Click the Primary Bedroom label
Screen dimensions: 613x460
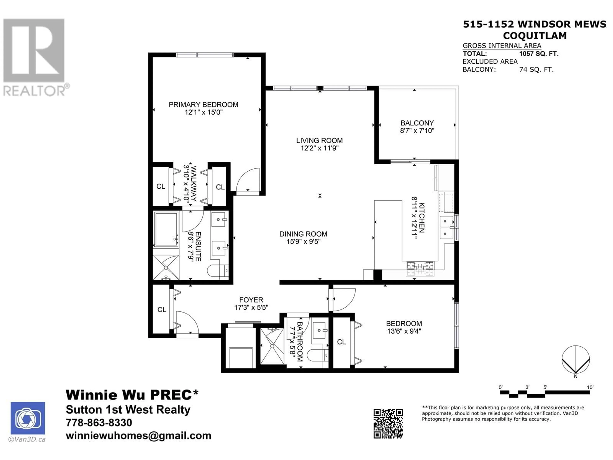click(203, 104)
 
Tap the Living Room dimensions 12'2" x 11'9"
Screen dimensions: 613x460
click(320, 148)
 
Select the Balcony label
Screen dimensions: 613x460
click(417, 123)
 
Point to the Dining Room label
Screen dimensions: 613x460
click(303, 234)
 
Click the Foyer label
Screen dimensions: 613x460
click(251, 300)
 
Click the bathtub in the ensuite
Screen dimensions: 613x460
click(166, 229)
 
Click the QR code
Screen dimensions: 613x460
click(388, 424)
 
